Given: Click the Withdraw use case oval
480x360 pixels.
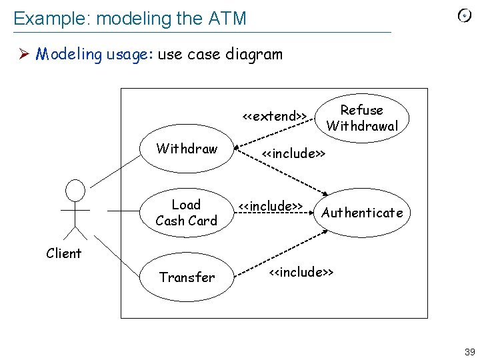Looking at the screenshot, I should click(x=187, y=149).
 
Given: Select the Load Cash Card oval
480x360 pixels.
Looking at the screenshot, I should click(x=186, y=213).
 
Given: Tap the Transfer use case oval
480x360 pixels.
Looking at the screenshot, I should click(x=187, y=277).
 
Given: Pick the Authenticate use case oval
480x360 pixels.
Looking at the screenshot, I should click(x=362, y=213).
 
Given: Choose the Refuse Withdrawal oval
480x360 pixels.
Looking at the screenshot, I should click(x=362, y=118).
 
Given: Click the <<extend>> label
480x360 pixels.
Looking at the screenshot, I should click(x=274, y=116).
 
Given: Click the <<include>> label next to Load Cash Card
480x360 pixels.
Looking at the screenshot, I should click(x=271, y=205).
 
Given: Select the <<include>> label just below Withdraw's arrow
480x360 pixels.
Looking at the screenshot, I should click(x=293, y=154).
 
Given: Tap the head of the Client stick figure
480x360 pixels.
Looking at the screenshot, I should click(x=76, y=190).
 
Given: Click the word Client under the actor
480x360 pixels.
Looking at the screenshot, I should click(x=64, y=253).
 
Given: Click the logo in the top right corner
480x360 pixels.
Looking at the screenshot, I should click(x=465, y=16).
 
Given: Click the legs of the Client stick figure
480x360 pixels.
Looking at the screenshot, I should click(x=76, y=232).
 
